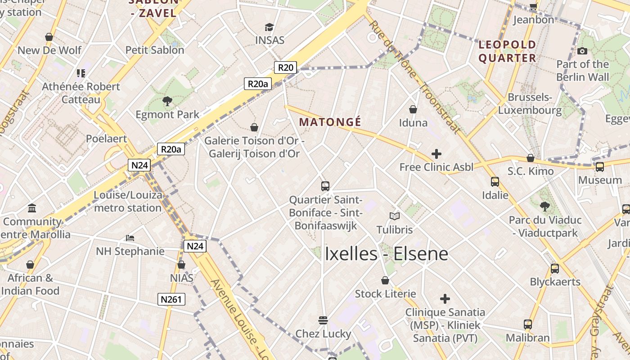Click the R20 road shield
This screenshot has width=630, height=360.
pyautogui.click(x=285, y=67)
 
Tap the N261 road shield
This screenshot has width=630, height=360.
pyautogui.click(x=171, y=299)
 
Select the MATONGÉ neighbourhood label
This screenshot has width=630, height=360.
pyautogui.click(x=330, y=122)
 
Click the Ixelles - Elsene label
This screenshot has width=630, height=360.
pyautogui.click(x=386, y=254)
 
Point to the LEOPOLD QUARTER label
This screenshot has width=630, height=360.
pyautogui.click(x=507, y=51)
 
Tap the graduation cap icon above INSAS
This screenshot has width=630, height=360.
pyautogui.click(x=269, y=27)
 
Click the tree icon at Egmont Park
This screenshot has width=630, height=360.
pyautogui.click(x=167, y=101)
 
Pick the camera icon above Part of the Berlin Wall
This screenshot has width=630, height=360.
pyautogui.click(x=582, y=51)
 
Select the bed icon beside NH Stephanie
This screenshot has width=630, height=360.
pyautogui.click(x=130, y=238)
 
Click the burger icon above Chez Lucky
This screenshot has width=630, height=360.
pyautogui.click(x=323, y=320)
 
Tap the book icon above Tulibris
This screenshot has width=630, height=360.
pyautogui.click(x=395, y=216)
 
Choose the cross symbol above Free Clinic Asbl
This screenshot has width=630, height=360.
pyautogui.click(x=436, y=154)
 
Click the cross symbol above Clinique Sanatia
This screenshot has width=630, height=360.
pyautogui.click(x=445, y=299)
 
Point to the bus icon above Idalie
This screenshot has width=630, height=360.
pyautogui.click(x=495, y=182)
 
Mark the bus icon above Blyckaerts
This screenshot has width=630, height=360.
pyautogui.click(x=555, y=269)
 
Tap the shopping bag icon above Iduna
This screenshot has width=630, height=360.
pyautogui.click(x=413, y=109)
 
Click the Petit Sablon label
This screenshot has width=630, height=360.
pyautogui.click(x=155, y=50)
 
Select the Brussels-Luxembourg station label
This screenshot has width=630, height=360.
pyautogui.click(x=530, y=103)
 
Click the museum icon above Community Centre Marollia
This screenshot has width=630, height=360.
pyautogui.click(x=32, y=208)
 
